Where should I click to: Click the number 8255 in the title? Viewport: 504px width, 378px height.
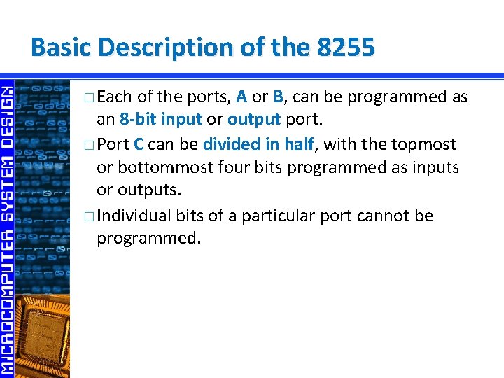(346, 48)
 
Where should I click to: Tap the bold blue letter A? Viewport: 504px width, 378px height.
(241, 97)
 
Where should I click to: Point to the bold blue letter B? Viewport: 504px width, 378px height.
(277, 97)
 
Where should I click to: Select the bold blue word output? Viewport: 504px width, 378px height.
(254, 120)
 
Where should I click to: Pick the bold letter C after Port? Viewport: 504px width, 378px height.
(139, 144)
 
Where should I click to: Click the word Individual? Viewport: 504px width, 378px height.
(134, 215)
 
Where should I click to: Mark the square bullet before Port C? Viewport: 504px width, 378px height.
(87, 145)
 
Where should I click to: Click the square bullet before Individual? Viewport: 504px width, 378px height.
(87, 216)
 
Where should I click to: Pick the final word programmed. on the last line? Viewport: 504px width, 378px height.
(148, 239)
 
